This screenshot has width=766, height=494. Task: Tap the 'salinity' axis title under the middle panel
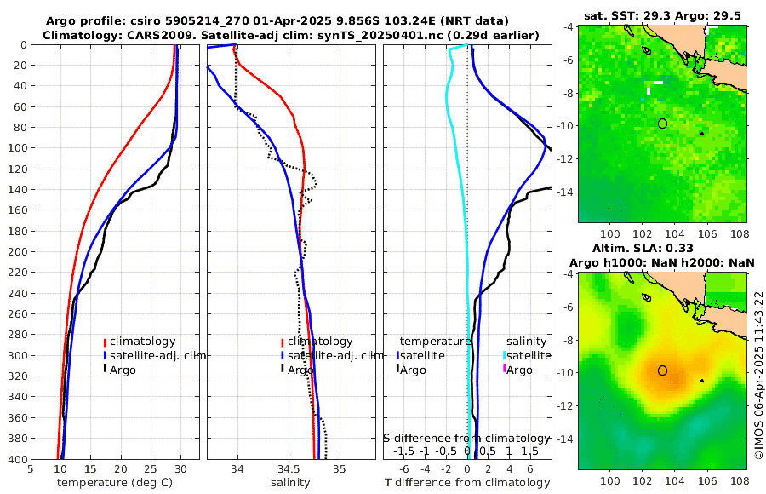[x=290, y=483]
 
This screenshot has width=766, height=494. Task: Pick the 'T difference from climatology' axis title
[x=468, y=483]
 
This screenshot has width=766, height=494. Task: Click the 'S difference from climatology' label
[x=467, y=438]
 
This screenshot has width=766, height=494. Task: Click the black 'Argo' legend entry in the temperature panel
[x=123, y=370]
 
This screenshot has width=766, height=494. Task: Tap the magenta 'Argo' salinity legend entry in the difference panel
[x=519, y=370]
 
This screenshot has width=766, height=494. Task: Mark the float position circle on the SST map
[x=662, y=123]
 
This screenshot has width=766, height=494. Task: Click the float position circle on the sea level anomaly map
[x=662, y=370]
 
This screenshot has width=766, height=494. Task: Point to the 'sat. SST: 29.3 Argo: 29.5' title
[x=661, y=16]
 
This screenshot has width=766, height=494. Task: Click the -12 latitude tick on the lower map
[x=569, y=406]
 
